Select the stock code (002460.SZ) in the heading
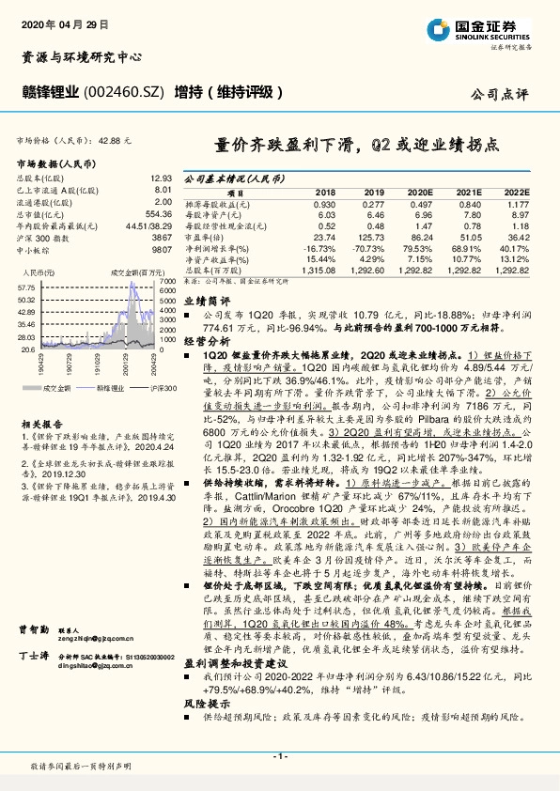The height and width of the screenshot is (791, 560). point(126,92)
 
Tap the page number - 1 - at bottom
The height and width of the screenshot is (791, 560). point(280,756)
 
